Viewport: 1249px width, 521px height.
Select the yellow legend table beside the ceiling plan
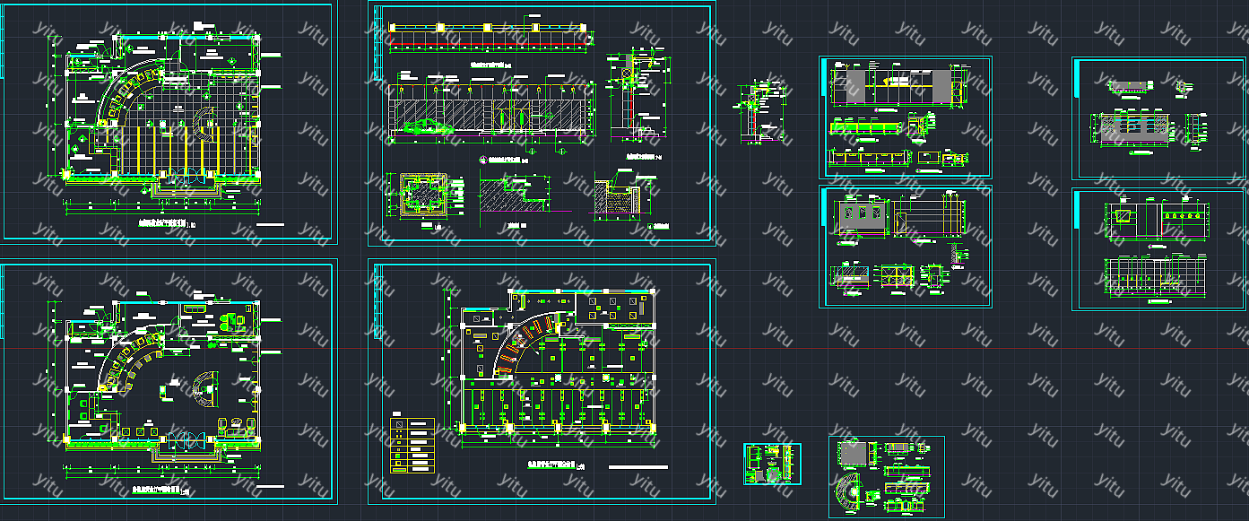point(412,446)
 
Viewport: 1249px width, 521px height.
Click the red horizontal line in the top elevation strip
point(489,43)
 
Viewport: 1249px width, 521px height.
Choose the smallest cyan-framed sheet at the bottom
point(772,464)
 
